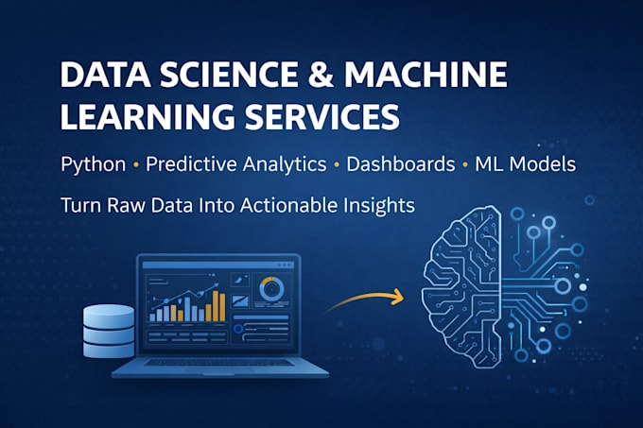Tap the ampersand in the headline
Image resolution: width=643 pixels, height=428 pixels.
point(321,75)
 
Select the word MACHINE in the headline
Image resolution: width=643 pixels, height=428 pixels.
point(426,75)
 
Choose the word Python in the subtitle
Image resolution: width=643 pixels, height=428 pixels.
point(93,164)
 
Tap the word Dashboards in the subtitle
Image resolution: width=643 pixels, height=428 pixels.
point(401,164)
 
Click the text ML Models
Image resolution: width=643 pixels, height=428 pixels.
point(526,164)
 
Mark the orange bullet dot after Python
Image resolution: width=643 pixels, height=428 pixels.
point(136,165)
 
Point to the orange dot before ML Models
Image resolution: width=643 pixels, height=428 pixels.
point(465,165)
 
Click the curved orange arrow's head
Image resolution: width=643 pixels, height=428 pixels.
point(398,297)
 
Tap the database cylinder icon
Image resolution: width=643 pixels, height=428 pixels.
point(109,331)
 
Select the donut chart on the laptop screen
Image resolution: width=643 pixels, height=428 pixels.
point(271,289)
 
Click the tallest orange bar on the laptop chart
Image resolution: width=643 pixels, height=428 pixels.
point(216,306)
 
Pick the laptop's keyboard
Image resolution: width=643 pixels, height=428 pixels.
point(219,363)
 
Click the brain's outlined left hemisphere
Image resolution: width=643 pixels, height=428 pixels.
point(461,286)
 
